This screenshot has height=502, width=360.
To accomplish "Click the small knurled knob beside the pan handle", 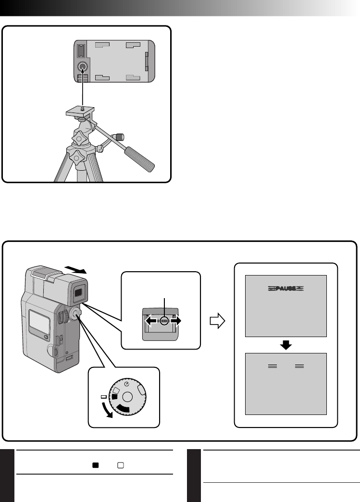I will pos(118,138).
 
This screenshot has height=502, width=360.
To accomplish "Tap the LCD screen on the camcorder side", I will pos(38,323).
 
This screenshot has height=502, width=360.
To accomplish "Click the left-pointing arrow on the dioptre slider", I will pos(151,321).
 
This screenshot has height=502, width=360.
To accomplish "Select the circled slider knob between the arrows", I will pos(164,321).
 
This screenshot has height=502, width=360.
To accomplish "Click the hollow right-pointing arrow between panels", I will pos(218,321).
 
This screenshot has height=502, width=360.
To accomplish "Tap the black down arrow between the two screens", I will pos(286,345).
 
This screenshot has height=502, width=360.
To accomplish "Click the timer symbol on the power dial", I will pos(127,384).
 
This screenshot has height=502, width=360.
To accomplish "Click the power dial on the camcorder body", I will pos(75,314).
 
